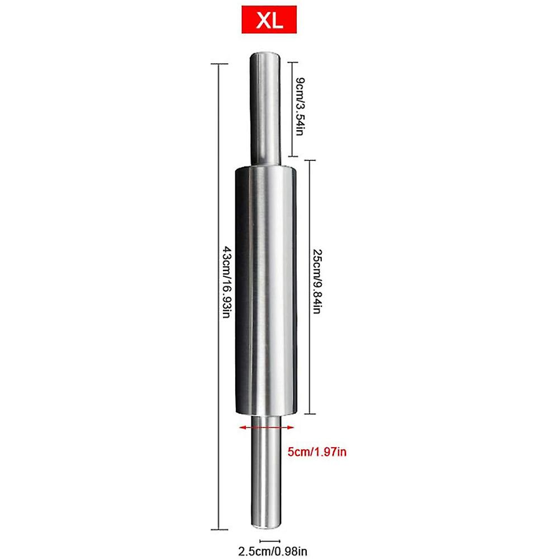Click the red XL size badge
tap(269, 20)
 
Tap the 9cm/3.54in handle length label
tap(300, 106)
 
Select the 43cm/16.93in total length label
tap(227, 282)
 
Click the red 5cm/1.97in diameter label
tap(317, 452)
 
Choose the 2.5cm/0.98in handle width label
tap(273, 552)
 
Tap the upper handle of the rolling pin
tap(265, 109)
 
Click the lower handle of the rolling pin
tap(266, 472)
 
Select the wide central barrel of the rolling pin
tap(265, 291)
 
